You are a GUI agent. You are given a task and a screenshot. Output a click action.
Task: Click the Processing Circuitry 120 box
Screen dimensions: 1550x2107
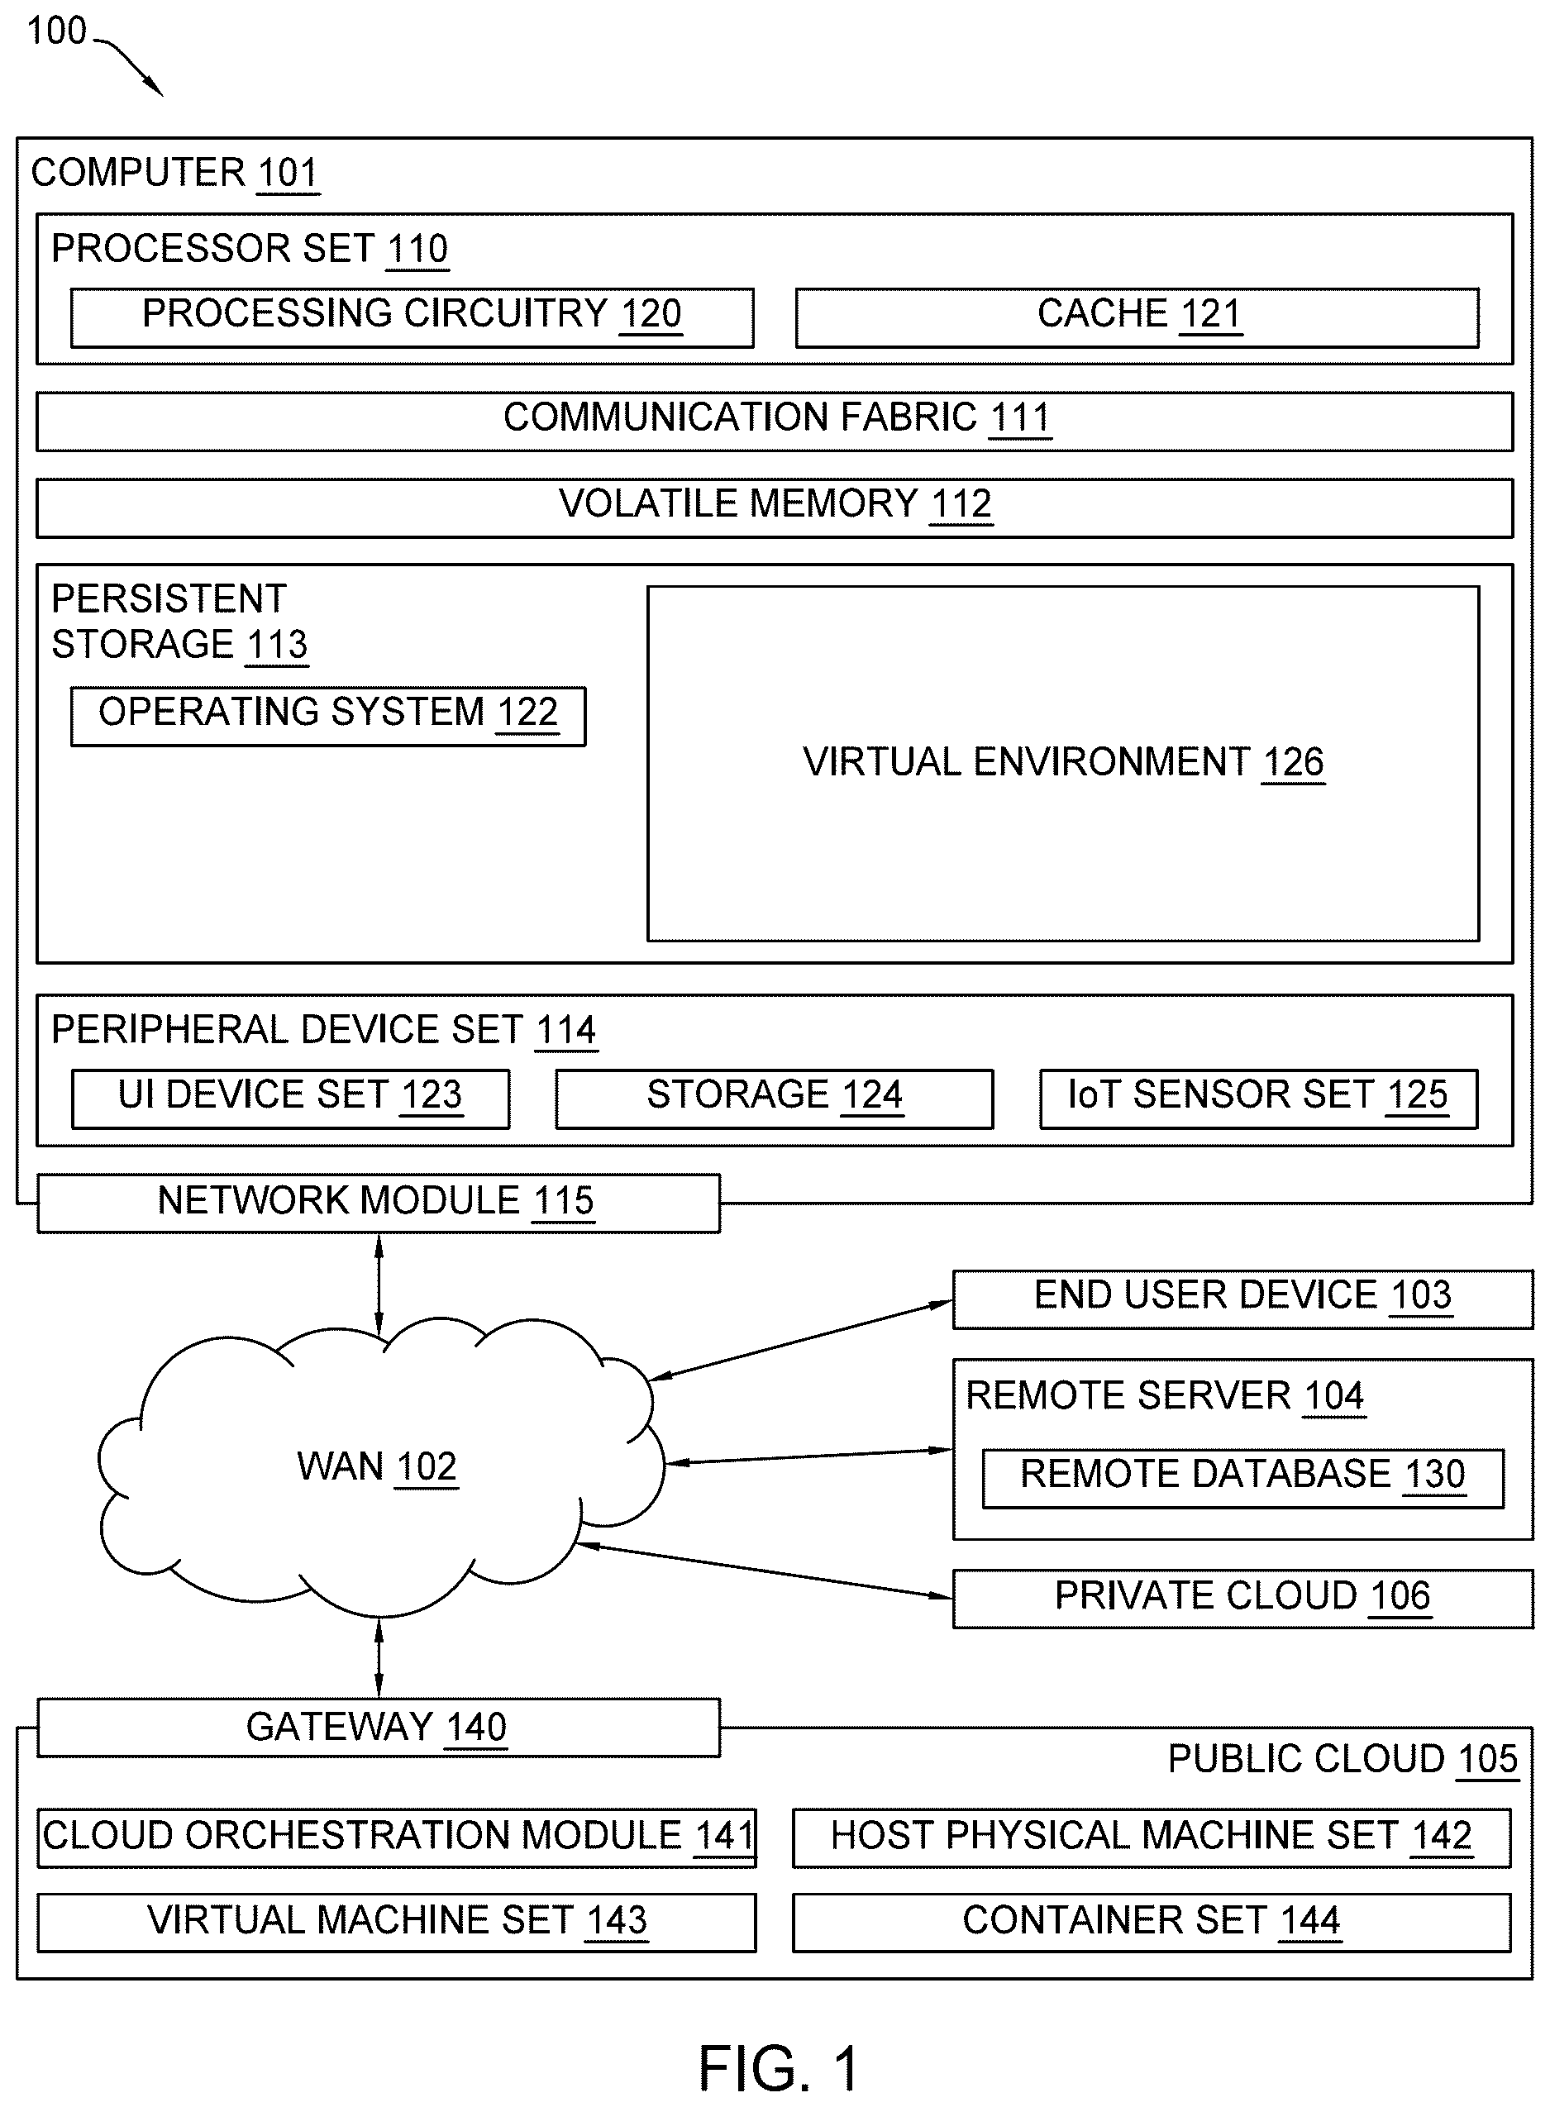tap(412, 317)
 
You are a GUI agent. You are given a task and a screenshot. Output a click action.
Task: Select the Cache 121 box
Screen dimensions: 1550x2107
tap(1137, 317)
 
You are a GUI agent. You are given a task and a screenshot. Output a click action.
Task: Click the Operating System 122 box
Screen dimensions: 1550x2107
tap(328, 716)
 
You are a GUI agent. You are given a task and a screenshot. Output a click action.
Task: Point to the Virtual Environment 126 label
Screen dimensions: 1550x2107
tap(1063, 762)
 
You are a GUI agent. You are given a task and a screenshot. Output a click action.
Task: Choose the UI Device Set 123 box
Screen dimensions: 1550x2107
tap(291, 1099)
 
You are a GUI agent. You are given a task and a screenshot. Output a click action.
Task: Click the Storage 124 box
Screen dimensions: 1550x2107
tap(774, 1099)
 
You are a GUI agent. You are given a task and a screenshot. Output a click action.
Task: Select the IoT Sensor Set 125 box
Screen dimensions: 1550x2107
tap(1258, 1099)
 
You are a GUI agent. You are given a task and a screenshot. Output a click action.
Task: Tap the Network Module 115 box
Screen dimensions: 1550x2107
tap(378, 1203)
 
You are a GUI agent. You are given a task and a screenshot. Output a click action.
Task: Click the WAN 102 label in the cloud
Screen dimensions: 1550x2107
tap(377, 1466)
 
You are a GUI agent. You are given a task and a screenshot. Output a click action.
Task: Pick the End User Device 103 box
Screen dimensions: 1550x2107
tap(1242, 1299)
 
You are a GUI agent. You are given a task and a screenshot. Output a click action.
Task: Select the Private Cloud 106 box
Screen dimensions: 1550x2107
tap(1242, 1599)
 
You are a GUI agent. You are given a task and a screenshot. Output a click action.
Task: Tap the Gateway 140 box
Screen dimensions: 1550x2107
tap(378, 1727)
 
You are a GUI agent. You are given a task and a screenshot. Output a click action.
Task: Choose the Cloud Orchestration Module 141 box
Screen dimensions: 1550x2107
tap(397, 1838)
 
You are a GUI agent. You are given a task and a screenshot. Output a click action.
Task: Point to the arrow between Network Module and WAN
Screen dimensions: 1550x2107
tap(379, 1285)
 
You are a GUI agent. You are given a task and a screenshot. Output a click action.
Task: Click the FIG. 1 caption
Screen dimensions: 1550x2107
tap(779, 2068)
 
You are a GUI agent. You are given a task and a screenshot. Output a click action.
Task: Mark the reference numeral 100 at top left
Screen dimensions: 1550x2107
tap(56, 31)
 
